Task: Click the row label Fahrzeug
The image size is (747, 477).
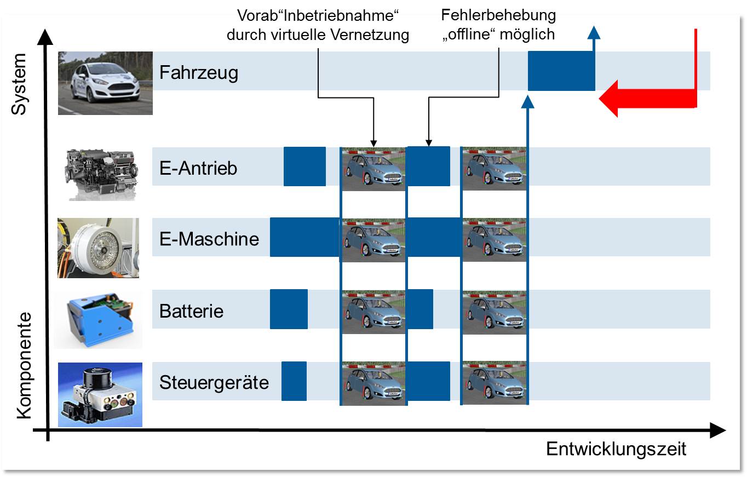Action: click(x=198, y=72)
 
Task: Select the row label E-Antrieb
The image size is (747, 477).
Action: click(x=198, y=168)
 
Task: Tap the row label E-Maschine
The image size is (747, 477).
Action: click(x=209, y=239)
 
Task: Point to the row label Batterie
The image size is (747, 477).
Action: click(x=191, y=311)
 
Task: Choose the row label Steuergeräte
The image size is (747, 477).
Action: click(x=214, y=382)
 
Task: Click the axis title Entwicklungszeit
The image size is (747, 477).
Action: click(x=616, y=450)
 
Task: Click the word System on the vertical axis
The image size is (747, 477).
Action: click(x=19, y=84)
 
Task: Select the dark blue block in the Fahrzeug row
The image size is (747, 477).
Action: click(x=561, y=71)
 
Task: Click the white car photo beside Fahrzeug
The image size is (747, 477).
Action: click(x=105, y=83)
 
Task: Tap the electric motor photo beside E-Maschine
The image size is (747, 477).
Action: click(x=98, y=248)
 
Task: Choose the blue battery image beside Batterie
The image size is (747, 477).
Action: click(x=97, y=319)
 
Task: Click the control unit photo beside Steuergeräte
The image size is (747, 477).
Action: click(x=100, y=394)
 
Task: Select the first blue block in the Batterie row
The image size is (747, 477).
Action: click(x=289, y=309)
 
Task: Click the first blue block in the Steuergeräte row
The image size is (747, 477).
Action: click(x=294, y=381)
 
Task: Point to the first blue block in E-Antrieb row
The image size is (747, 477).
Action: click(x=304, y=166)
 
